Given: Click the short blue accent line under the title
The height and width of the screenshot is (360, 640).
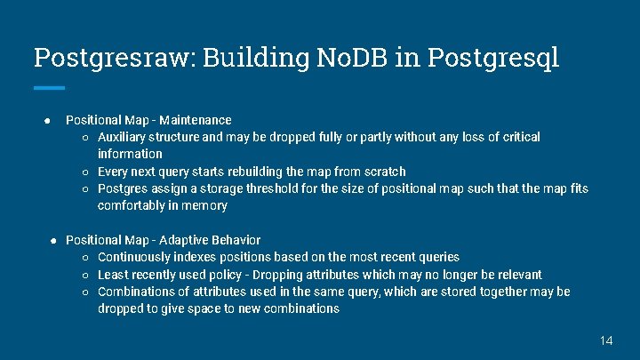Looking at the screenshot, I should (x=49, y=87).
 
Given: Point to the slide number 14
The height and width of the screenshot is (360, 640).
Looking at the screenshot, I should (x=606, y=340).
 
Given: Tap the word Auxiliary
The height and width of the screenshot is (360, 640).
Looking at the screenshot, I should (x=123, y=137).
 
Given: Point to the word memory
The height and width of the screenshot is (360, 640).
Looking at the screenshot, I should (x=207, y=205).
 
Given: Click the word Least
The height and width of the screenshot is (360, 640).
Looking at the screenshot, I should (x=112, y=275).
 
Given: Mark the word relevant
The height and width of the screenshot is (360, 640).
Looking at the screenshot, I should (x=516, y=275).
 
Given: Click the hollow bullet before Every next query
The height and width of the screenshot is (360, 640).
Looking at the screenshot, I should (x=85, y=172).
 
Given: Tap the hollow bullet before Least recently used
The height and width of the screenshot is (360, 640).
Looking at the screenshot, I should (x=85, y=275).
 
